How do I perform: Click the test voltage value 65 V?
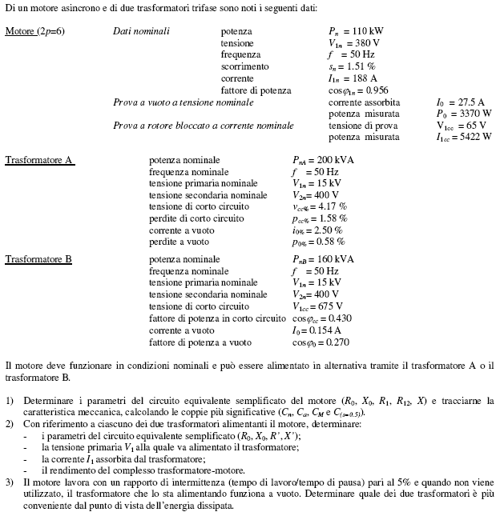(x=472, y=126)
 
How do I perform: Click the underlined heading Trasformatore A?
(x=39, y=160)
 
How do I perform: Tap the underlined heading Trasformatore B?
(x=39, y=259)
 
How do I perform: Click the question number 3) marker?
(x=10, y=483)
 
